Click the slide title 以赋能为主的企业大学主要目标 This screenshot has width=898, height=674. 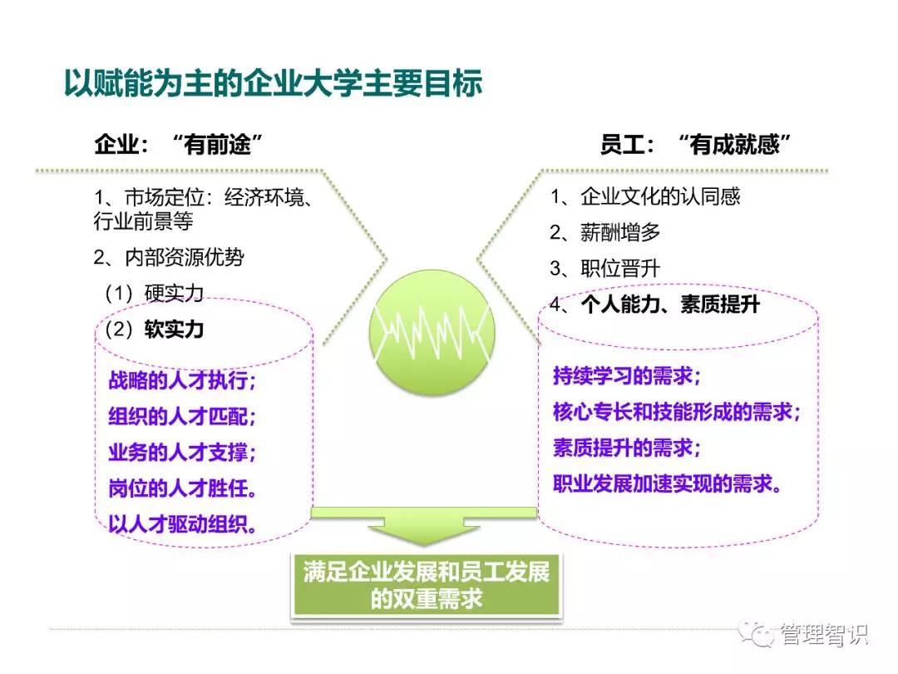pyautogui.click(x=274, y=84)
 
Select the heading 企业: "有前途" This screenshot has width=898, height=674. pyautogui.click(x=179, y=144)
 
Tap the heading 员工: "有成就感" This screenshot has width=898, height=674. pyautogui.click(x=695, y=144)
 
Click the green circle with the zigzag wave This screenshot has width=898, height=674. pyautogui.click(x=432, y=332)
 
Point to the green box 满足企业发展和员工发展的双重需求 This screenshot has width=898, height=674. pyautogui.click(x=426, y=586)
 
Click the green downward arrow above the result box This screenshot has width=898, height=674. pyautogui.click(x=424, y=526)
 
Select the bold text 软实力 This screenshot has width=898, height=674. pyautogui.click(x=174, y=330)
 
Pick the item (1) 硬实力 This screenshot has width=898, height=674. pyautogui.click(x=154, y=294)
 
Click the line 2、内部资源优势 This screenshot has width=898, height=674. pyautogui.click(x=169, y=257)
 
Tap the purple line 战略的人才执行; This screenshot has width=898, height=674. pyautogui.click(x=182, y=380)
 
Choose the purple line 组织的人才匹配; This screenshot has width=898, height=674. pyautogui.click(x=182, y=416)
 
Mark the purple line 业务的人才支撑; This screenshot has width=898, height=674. pyautogui.click(x=182, y=452)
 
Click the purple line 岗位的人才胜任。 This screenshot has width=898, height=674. pyautogui.click(x=182, y=488)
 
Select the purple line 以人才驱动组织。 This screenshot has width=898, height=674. pyautogui.click(x=182, y=524)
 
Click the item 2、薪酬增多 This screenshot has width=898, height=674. pyautogui.click(x=604, y=232)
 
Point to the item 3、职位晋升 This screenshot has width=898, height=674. pyautogui.click(x=604, y=268)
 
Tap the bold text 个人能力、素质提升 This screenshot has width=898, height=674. pyautogui.click(x=671, y=304)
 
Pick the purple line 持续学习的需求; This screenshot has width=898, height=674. pyautogui.click(x=627, y=376)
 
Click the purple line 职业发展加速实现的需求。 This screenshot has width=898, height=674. pyautogui.click(x=668, y=484)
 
